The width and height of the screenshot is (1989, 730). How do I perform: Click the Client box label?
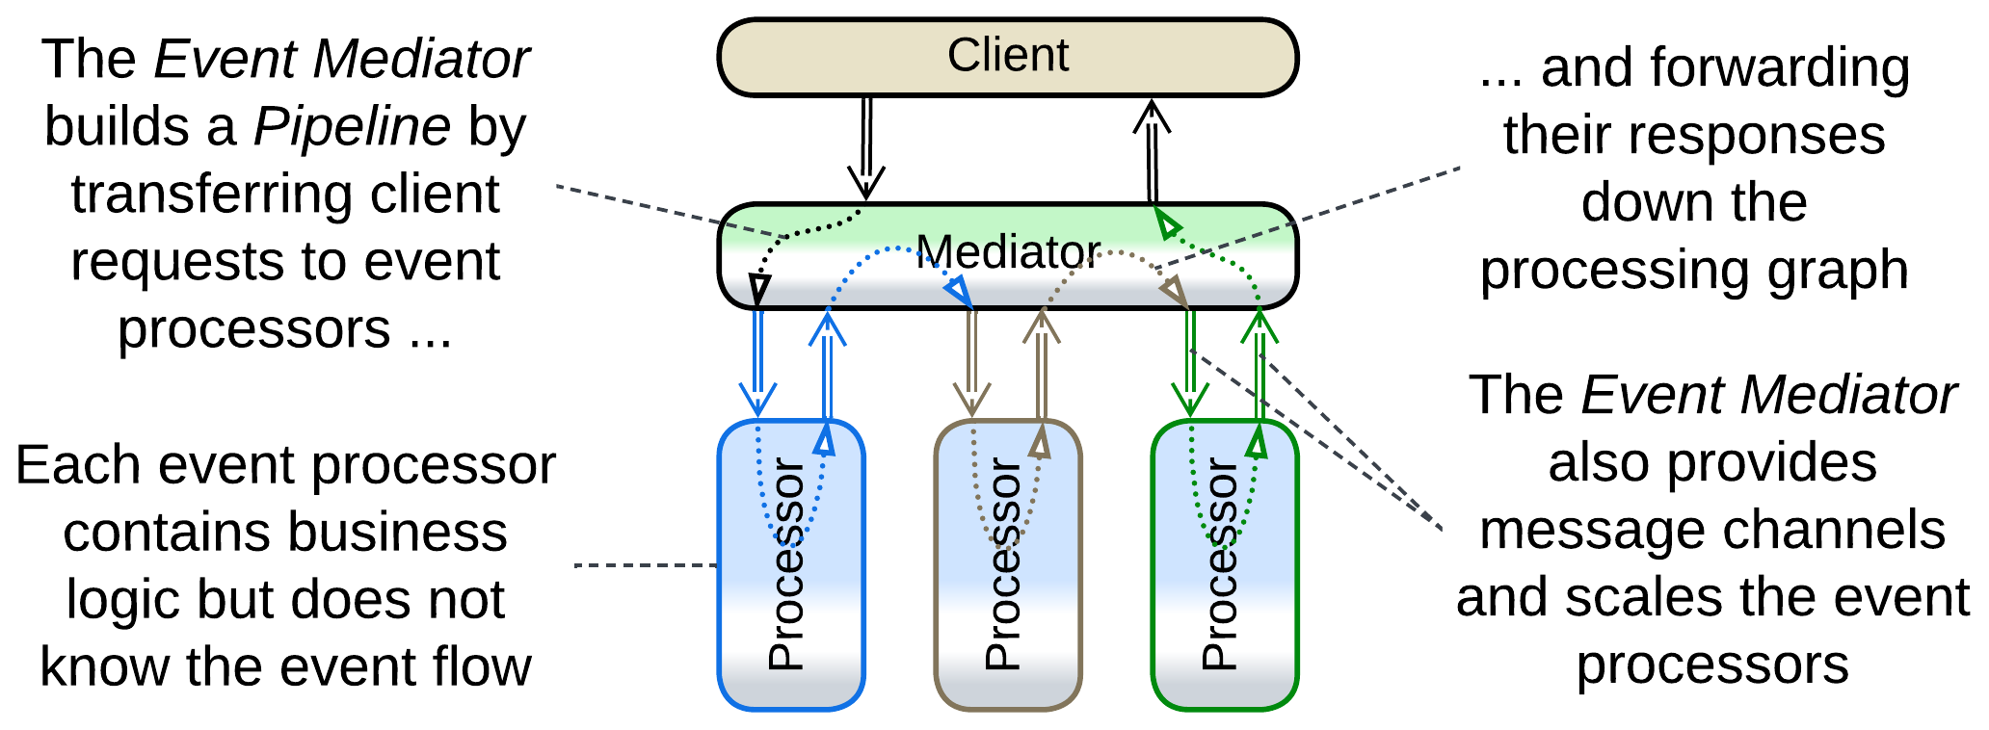(x=1007, y=56)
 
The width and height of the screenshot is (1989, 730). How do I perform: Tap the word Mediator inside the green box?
(x=1007, y=252)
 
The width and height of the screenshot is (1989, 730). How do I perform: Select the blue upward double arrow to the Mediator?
(x=827, y=366)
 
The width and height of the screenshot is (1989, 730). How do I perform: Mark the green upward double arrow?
(x=1259, y=366)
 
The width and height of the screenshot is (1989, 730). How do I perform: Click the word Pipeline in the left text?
(x=352, y=126)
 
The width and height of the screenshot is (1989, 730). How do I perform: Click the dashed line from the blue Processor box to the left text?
(x=646, y=565)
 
